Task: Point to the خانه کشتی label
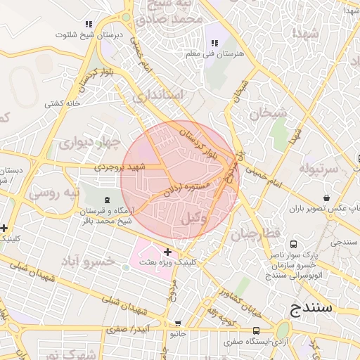(63, 104)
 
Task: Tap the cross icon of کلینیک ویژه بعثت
(167, 251)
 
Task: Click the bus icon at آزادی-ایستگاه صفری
(255, 330)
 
